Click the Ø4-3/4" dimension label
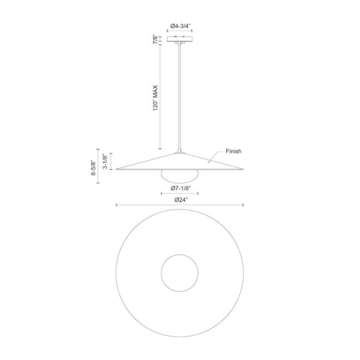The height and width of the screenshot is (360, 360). pyautogui.click(x=180, y=26)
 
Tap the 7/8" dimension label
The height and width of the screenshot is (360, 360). pyautogui.click(x=155, y=40)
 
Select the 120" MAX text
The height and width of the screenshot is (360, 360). pyautogui.click(x=155, y=98)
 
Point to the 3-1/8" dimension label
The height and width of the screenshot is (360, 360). pyautogui.click(x=105, y=161)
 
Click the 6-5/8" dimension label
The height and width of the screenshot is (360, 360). pyautogui.click(x=94, y=167)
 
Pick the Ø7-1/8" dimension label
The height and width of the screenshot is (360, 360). pyautogui.click(x=181, y=188)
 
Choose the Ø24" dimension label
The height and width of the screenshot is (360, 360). pyautogui.click(x=181, y=200)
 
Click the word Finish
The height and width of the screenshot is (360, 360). pyautogui.click(x=233, y=151)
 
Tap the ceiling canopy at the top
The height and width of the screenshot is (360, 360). pyautogui.click(x=179, y=39)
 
